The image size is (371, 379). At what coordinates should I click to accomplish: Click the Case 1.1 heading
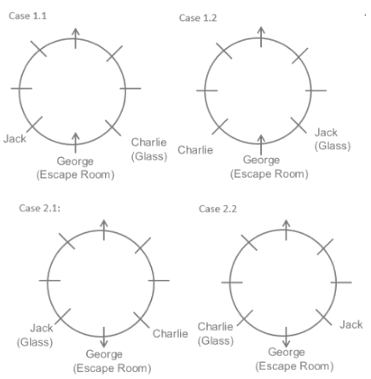[x=27, y=15]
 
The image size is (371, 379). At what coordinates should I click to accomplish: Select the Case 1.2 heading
[x=198, y=18]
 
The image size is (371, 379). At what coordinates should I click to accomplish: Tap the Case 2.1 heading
[x=40, y=208]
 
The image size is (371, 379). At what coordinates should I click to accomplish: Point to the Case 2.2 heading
[x=217, y=209]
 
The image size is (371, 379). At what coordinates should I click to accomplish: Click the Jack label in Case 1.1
[x=14, y=139]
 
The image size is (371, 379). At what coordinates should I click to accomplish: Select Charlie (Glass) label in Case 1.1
[x=149, y=149]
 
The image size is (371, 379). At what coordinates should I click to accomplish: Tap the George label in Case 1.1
[x=75, y=161]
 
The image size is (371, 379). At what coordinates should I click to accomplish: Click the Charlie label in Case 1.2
[x=195, y=150]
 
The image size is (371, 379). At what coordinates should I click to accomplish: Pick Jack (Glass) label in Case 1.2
[x=333, y=139]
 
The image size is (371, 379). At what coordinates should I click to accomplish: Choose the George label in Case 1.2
[x=261, y=160]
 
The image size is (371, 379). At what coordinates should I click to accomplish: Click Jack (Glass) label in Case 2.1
[x=35, y=335]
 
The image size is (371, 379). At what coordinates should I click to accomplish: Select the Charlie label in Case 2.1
[x=171, y=334]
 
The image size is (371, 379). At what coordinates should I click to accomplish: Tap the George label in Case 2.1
[x=104, y=354]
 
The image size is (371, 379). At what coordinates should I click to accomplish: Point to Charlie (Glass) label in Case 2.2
[x=216, y=334]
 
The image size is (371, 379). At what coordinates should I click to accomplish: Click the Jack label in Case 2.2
[x=351, y=324]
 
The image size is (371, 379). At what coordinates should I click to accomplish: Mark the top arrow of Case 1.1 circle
[x=75, y=38]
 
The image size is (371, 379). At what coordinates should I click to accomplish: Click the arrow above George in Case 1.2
[x=261, y=145]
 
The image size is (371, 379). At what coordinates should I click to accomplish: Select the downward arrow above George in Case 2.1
[x=104, y=337]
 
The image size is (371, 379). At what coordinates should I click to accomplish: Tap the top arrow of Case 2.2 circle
[x=286, y=230]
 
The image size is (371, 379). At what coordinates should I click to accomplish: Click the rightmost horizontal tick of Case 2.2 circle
[x=341, y=283]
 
